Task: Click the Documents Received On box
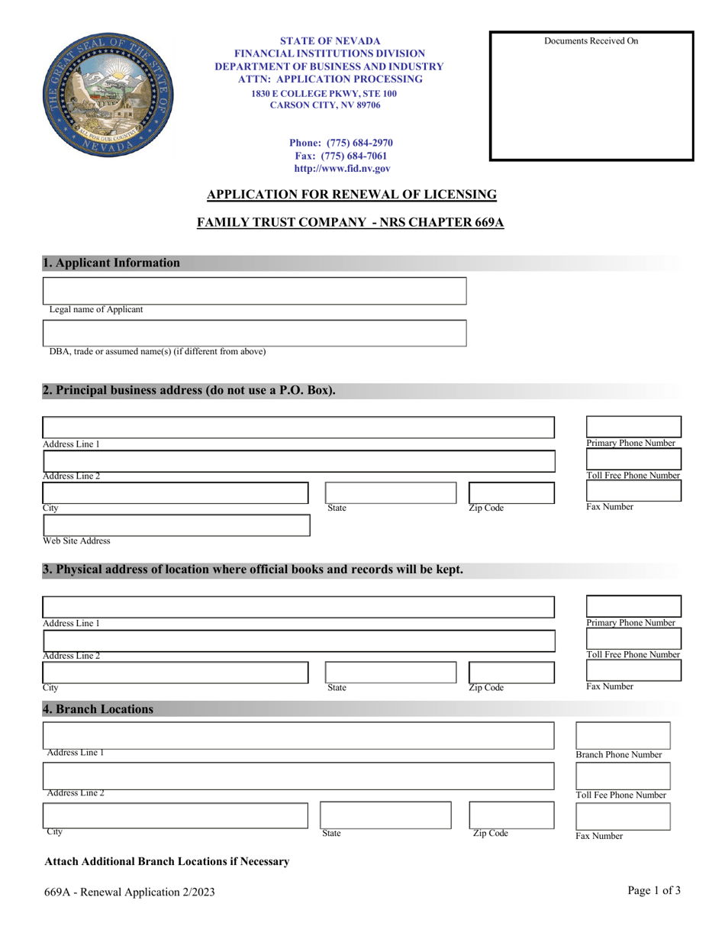point(591,96)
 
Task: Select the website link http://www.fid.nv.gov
point(341,169)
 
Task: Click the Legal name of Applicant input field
point(254,291)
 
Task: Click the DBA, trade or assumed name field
point(254,333)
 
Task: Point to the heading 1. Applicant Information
point(111,263)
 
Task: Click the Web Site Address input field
point(176,525)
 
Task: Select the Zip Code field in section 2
point(511,492)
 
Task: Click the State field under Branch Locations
point(385,815)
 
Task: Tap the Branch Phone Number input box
point(622,735)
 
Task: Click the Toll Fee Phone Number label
point(620,795)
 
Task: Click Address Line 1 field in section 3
point(298,608)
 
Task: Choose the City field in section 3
point(176,672)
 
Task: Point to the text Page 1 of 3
point(654,890)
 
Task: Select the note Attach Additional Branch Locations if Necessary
point(167,862)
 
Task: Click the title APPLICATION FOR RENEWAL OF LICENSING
point(352,195)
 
